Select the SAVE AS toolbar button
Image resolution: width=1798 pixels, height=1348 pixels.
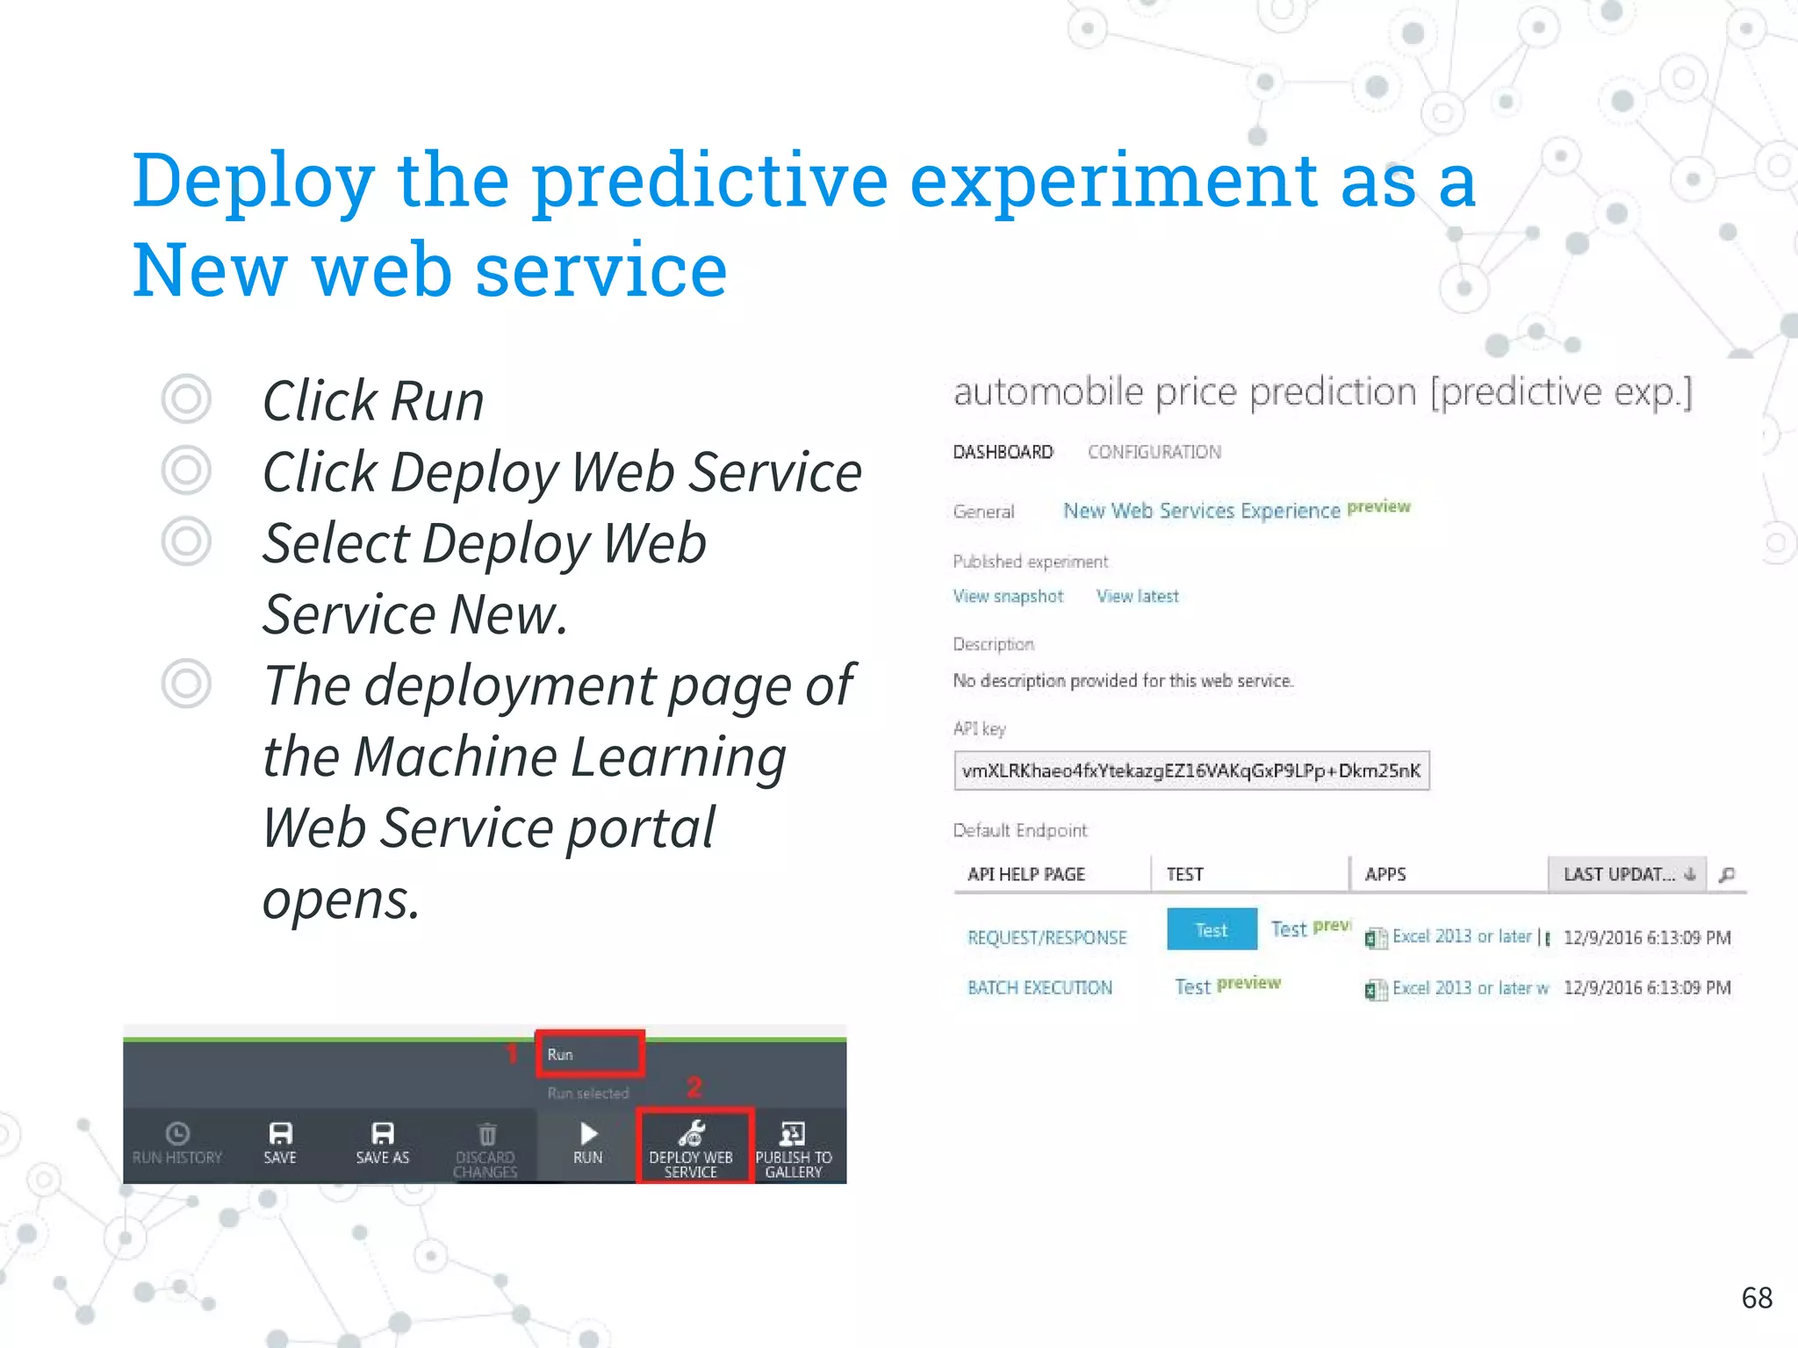pyautogui.click(x=383, y=1144)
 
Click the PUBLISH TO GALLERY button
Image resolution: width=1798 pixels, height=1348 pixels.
pyautogui.click(x=793, y=1147)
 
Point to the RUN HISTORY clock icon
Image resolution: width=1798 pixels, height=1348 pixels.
pyautogui.click(x=177, y=1133)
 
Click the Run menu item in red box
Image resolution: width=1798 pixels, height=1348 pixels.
pyautogui.click(x=589, y=1054)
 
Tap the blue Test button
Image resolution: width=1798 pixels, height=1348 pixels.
pyautogui.click(x=1212, y=929)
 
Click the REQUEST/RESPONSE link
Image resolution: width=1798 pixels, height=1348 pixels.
pyautogui.click(x=1046, y=937)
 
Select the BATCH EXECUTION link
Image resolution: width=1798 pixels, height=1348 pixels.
pyautogui.click(x=1039, y=987)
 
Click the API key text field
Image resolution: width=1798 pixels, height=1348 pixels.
pyautogui.click(x=1190, y=771)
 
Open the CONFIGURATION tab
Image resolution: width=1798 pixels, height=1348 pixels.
pyautogui.click(x=1154, y=452)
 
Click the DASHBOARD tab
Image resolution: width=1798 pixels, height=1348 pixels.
pyautogui.click(x=1003, y=452)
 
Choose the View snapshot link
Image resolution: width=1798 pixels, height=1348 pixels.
pyautogui.click(x=1008, y=596)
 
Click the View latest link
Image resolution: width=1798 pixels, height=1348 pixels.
pyautogui.click(x=1137, y=596)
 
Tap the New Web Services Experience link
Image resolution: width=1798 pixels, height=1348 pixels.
pyautogui.click(x=1201, y=511)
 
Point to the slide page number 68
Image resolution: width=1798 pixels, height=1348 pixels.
pyautogui.click(x=1757, y=1297)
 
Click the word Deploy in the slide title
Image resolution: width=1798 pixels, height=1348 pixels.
pyautogui.click(x=253, y=181)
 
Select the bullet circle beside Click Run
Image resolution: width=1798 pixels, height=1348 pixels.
pyautogui.click(x=186, y=399)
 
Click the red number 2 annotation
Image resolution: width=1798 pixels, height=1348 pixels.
pyautogui.click(x=694, y=1087)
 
